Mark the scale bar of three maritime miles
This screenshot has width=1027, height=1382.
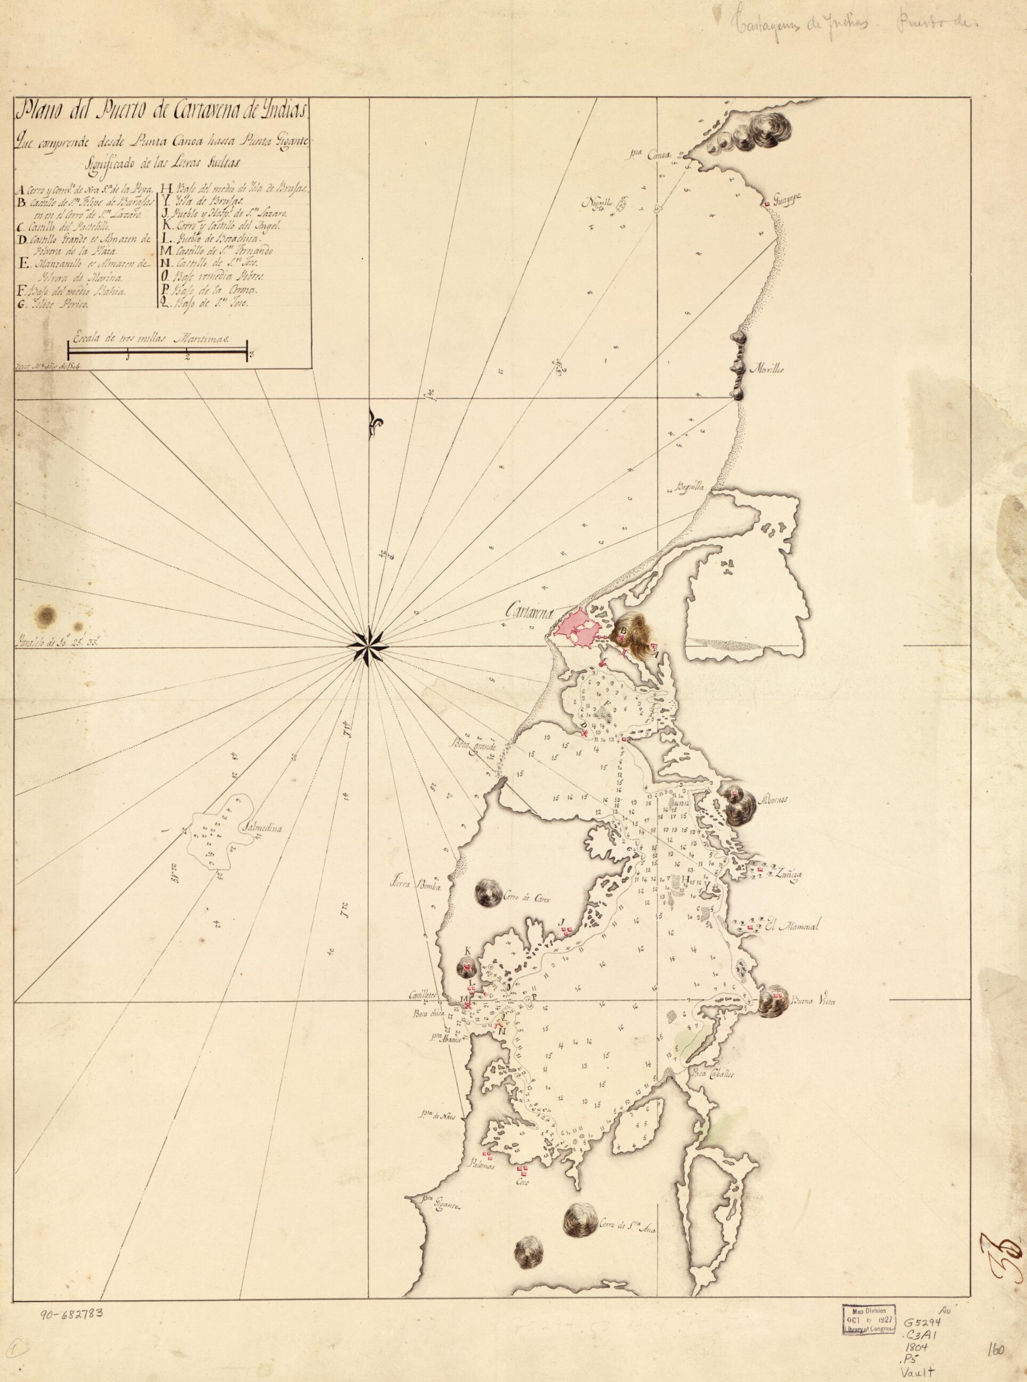click(x=158, y=351)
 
